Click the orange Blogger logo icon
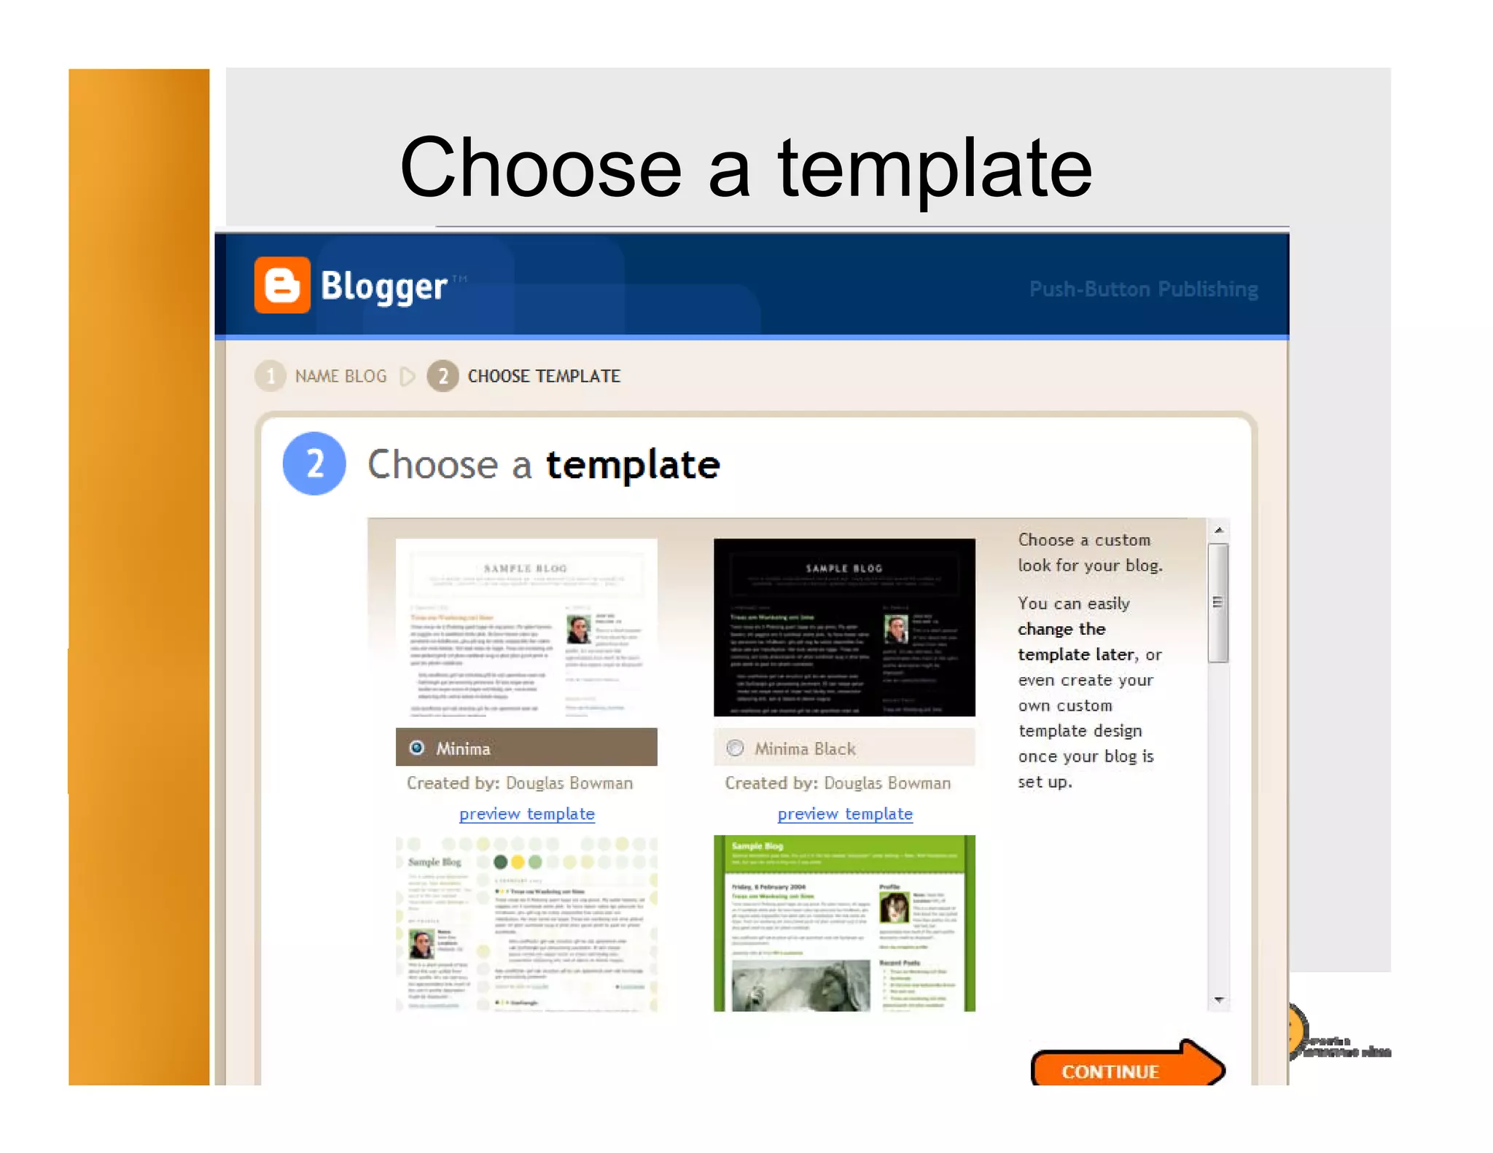(x=282, y=285)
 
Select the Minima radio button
(x=417, y=748)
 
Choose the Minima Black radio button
(x=735, y=748)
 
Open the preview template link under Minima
(x=526, y=813)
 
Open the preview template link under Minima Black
(x=844, y=813)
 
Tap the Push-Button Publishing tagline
(x=1143, y=289)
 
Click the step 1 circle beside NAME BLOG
(x=270, y=376)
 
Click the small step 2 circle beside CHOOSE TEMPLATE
(x=443, y=376)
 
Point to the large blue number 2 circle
(x=314, y=464)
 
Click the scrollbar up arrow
(x=1218, y=530)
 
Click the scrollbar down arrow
(x=1218, y=1000)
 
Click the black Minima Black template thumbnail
(x=844, y=627)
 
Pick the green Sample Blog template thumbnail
(x=844, y=923)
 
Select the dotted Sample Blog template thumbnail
(x=526, y=923)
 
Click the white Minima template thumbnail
(x=526, y=627)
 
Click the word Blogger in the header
(x=383, y=286)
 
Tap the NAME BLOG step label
(x=340, y=376)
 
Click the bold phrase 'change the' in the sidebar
(x=1061, y=629)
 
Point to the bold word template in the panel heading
(x=633, y=465)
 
